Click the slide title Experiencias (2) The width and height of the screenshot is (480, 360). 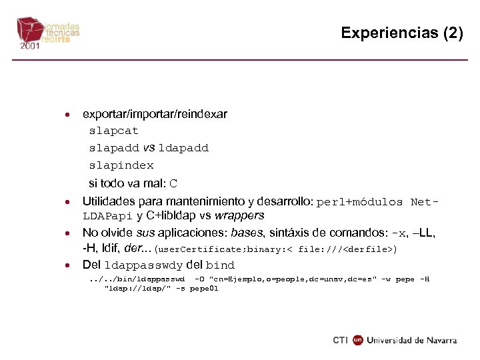coord(401,33)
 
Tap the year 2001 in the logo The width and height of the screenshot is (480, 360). coord(29,47)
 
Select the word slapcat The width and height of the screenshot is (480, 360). coord(114,131)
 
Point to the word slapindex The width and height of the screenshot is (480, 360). coord(121,165)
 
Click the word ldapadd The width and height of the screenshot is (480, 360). coord(183,148)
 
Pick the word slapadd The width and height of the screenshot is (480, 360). coord(114,148)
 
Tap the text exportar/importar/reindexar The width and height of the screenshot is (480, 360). coord(155,114)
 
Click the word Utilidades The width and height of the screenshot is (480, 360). coord(107,201)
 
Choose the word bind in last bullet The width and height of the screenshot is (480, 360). coord(220,265)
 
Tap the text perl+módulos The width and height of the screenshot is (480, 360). coord(360,201)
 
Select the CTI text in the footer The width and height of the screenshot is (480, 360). coord(340,340)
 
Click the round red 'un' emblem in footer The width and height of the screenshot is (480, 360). coord(358,340)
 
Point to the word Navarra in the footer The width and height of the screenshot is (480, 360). coord(439,340)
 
